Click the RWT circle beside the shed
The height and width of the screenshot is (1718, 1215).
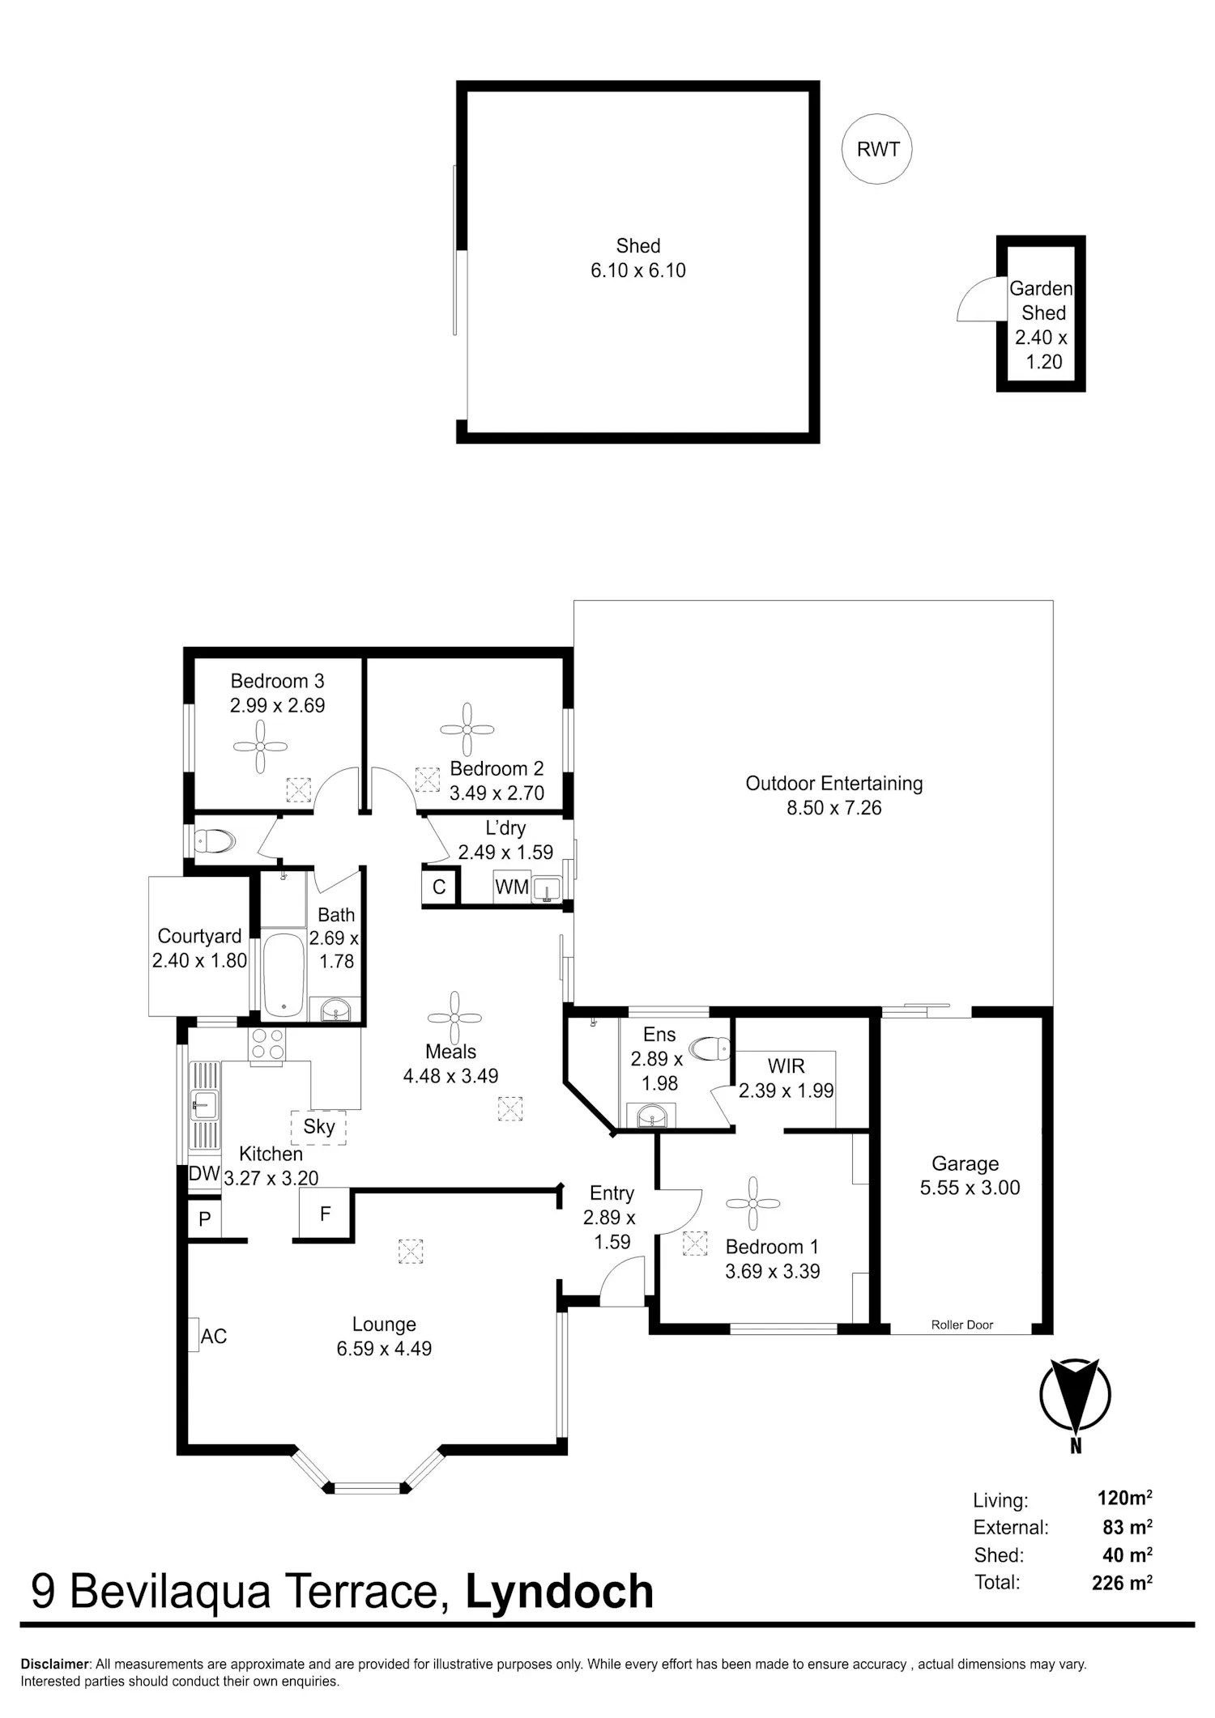[876, 149]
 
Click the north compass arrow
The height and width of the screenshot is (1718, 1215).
[1075, 1394]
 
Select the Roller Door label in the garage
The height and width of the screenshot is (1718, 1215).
[961, 1325]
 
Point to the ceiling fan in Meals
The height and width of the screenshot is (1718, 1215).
[454, 1018]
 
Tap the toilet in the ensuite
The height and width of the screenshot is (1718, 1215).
[709, 1048]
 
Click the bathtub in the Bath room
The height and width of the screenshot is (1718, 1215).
[283, 975]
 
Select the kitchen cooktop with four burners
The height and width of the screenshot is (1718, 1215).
[267, 1044]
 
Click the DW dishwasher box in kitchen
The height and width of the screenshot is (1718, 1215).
[204, 1173]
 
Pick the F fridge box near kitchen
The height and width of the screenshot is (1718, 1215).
[325, 1213]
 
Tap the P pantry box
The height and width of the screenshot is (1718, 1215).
[204, 1219]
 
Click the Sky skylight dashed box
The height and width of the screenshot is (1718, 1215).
[318, 1127]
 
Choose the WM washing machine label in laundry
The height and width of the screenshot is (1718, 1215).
[512, 887]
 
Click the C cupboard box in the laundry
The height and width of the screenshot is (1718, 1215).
[439, 887]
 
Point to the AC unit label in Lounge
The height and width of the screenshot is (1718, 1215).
[213, 1336]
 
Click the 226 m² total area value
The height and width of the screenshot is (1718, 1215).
[1122, 1581]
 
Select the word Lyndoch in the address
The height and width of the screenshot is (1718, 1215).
[560, 1591]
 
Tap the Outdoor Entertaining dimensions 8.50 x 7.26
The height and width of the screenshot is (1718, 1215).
[834, 807]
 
